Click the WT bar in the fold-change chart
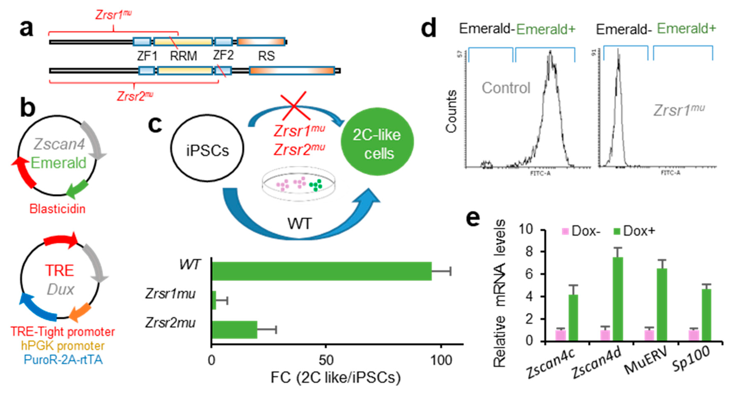[x=321, y=271]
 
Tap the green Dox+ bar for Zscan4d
[x=618, y=298]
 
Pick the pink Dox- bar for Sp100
[x=694, y=335]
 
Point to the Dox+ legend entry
[x=634, y=231]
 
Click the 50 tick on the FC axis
[x=326, y=360]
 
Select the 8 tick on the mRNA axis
[x=533, y=252]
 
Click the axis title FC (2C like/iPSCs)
[x=336, y=378]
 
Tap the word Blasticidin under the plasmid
[x=57, y=209]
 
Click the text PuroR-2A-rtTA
[x=63, y=360]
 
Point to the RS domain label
[x=266, y=56]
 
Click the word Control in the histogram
[x=506, y=88]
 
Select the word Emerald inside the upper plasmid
[x=59, y=163]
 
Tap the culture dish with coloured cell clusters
[x=298, y=185]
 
